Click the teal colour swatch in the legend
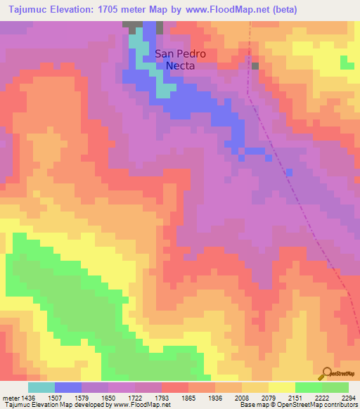point(41,387)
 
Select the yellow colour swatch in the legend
point(281,387)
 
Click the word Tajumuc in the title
point(27,10)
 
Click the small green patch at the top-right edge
point(347,63)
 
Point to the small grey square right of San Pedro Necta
point(255,66)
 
